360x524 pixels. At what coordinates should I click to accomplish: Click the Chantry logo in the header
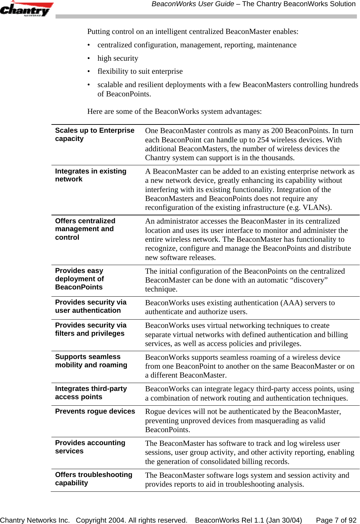(x=26, y=9)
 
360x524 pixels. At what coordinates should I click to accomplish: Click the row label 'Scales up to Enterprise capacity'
(x=95, y=134)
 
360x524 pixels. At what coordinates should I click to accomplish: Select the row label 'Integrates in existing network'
(x=91, y=175)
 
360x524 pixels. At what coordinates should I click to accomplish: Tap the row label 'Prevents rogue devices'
(x=95, y=411)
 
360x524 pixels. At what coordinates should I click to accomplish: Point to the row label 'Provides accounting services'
(x=90, y=447)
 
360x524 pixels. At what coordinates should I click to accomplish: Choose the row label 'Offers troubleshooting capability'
(x=93, y=479)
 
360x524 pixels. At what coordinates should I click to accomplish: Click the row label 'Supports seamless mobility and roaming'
(x=91, y=361)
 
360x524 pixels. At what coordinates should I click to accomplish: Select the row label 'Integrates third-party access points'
(x=91, y=393)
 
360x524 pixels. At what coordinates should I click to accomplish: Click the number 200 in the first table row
(x=277, y=131)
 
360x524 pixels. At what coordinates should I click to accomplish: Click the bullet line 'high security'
(x=118, y=58)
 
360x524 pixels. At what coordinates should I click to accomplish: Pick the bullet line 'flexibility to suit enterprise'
(x=140, y=71)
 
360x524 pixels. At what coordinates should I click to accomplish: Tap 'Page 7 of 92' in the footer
(x=336, y=520)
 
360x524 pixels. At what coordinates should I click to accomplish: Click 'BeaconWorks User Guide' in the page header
(x=193, y=4)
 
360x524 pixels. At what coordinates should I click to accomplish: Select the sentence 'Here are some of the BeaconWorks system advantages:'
(x=174, y=111)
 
